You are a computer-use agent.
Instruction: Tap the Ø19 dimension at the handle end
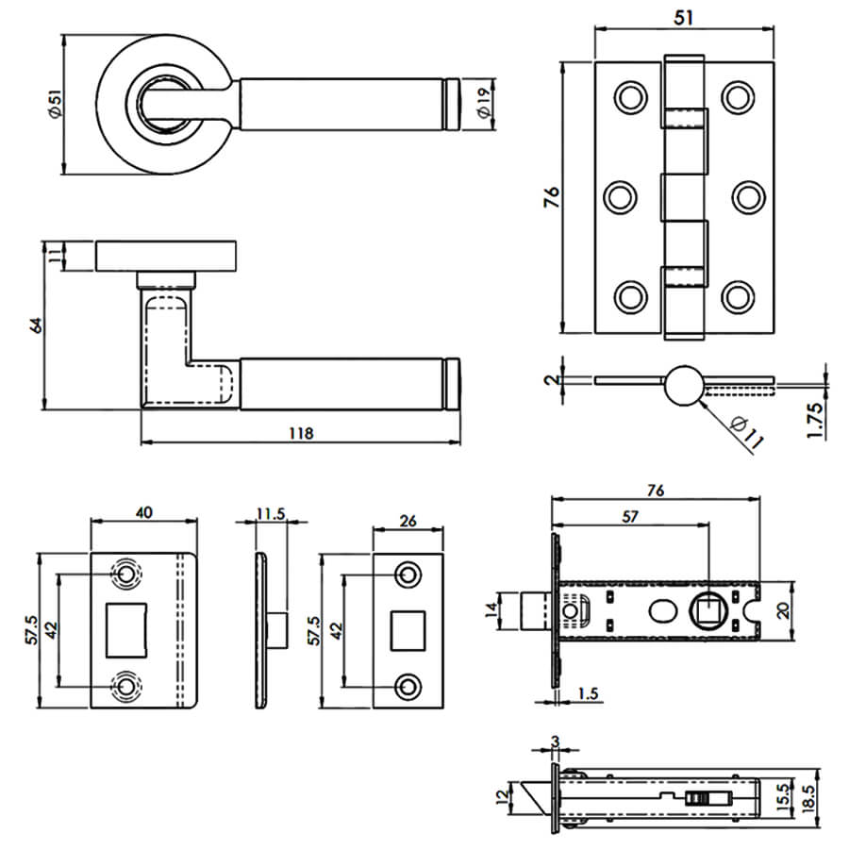click(x=484, y=103)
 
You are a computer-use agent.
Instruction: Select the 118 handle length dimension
click(x=300, y=433)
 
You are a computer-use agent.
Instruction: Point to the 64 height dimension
click(x=37, y=325)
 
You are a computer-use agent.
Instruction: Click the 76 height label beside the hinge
click(x=553, y=197)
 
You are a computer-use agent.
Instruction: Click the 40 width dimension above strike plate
click(x=144, y=511)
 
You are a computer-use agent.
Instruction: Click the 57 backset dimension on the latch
click(x=629, y=518)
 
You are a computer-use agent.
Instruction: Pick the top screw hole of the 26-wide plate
click(x=408, y=574)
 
